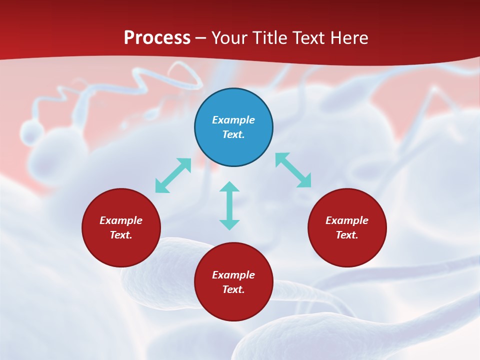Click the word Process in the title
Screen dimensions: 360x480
157,38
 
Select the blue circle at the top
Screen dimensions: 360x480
233,100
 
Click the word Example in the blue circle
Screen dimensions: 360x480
233,120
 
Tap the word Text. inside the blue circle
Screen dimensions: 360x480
233,134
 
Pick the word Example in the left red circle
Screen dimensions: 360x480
121,220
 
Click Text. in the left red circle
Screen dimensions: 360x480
121,235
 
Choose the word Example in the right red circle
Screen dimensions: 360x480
347,220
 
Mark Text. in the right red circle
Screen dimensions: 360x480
347,235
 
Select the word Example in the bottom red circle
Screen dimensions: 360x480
233,275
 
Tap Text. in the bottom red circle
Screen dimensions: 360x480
233,289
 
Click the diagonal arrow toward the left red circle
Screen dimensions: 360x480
173,175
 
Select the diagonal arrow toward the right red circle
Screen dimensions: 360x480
293,170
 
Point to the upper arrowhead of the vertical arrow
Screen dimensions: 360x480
229,186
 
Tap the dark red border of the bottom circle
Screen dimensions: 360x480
233,320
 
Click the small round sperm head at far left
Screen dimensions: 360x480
32,132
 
